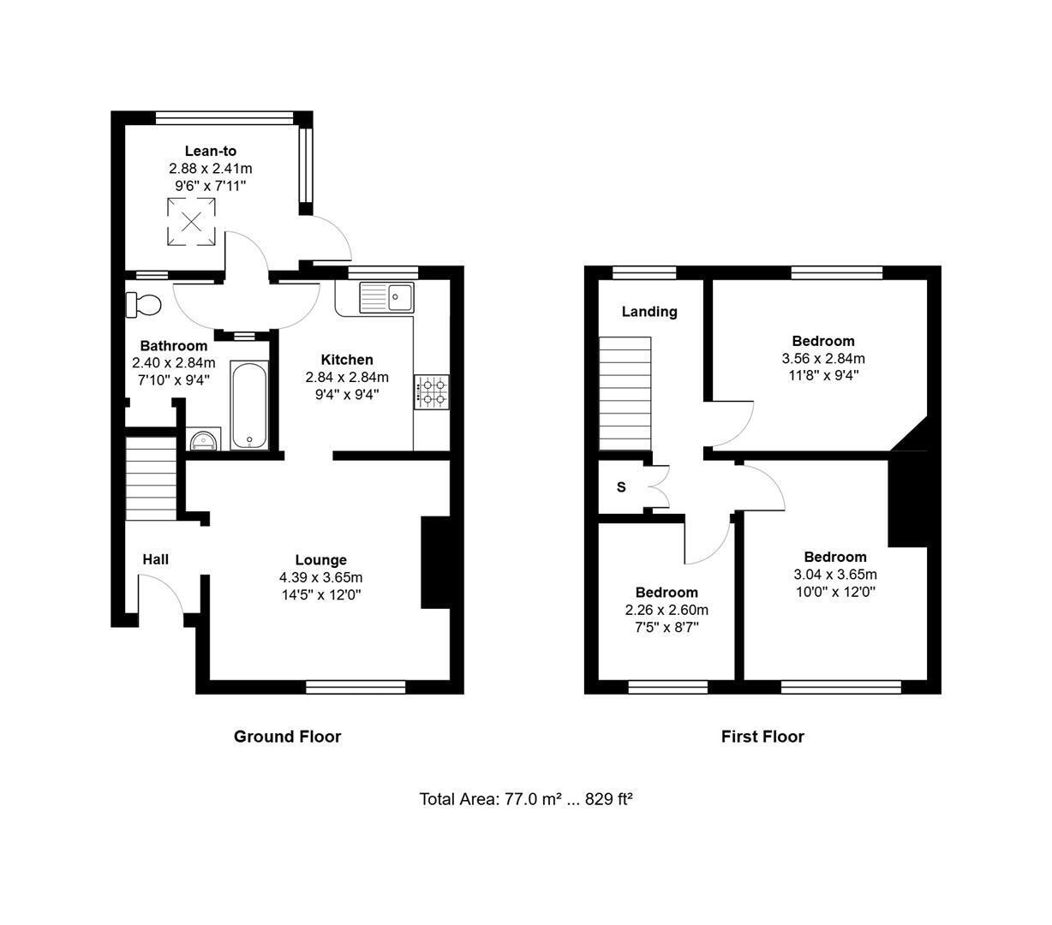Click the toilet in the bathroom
coord(143,304)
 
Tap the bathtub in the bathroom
coord(249,405)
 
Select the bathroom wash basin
coord(205,439)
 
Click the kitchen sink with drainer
coord(386,297)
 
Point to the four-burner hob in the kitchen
coord(432,392)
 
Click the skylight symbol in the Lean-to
coord(191,222)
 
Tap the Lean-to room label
coord(210,151)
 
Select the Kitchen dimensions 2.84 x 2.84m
coord(347,378)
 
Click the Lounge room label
coord(321,560)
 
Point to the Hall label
coord(155,559)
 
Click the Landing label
coord(649,312)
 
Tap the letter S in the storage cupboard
coord(621,486)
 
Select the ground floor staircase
coord(152,478)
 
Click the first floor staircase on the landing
coord(625,393)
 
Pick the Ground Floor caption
coord(287,737)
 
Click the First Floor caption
coord(762,737)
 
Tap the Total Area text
coord(525,799)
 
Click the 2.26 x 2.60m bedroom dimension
coord(666,610)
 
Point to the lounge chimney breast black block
coord(435,562)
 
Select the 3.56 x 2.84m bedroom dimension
coord(823,359)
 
